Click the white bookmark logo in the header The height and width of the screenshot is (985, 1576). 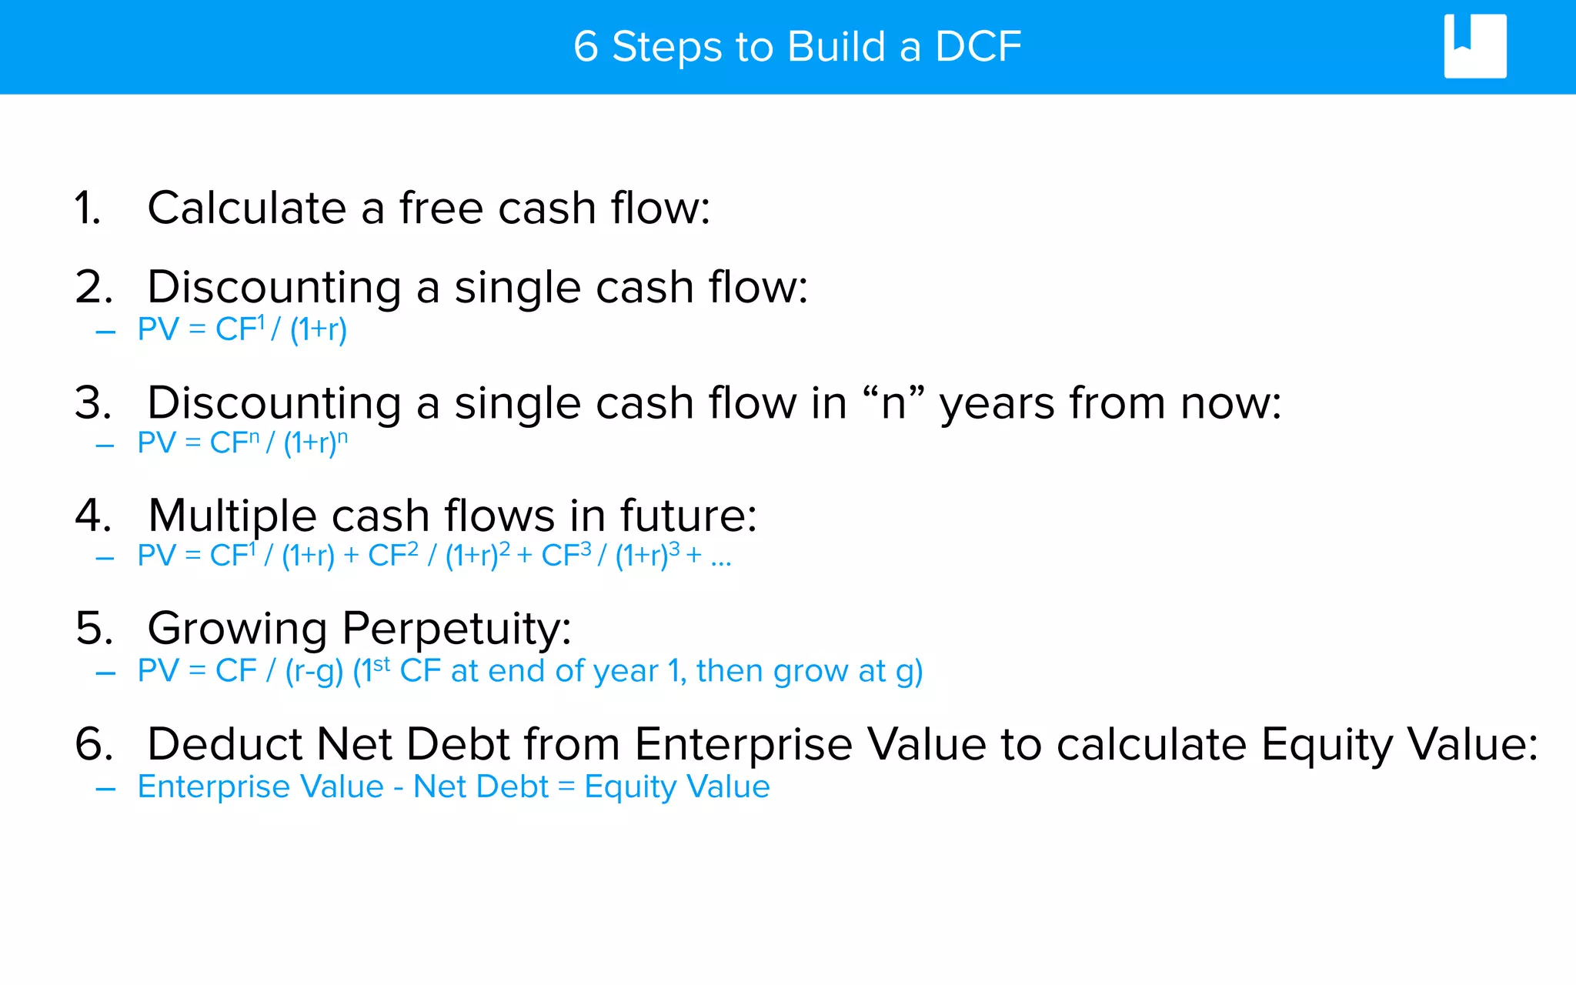pos(1474,46)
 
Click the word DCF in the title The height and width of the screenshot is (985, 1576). pos(978,47)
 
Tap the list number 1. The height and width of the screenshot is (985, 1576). pos(88,209)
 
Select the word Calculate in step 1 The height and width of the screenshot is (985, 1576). pos(246,209)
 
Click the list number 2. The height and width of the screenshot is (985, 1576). pos(93,288)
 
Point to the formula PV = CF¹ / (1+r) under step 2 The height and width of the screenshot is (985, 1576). pos(242,329)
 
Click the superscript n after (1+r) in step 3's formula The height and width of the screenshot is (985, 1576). pos(342,436)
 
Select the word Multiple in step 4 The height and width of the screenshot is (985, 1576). pos(232,516)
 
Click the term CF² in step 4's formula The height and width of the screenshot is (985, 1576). pos(393,555)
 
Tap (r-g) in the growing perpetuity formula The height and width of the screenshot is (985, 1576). pos(314,672)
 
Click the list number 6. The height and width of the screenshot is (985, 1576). pos(93,745)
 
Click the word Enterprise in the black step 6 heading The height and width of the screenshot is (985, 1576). pos(743,745)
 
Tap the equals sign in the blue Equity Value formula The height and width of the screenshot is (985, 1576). pos(566,786)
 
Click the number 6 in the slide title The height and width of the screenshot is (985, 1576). pos(586,47)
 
